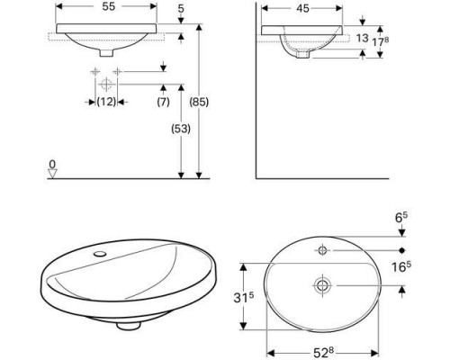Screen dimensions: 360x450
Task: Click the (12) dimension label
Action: point(106,103)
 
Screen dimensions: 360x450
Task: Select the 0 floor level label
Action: point(53,165)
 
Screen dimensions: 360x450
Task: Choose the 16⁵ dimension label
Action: point(402,266)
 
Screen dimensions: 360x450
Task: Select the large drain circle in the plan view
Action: point(321,284)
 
